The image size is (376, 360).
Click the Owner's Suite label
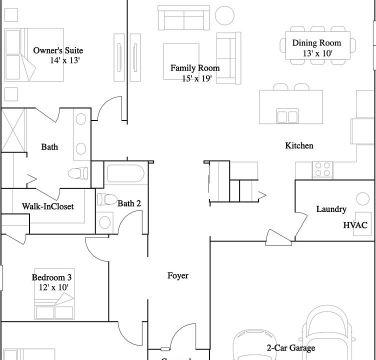[58, 50]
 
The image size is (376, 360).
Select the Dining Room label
[316, 43]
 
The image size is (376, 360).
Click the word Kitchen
[299, 145]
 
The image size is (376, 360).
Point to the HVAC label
[355, 225]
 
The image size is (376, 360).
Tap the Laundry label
[331, 209]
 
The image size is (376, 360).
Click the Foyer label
[178, 275]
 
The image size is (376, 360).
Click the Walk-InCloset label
[48, 206]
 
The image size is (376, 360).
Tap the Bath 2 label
[129, 203]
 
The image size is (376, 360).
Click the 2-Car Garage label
[290, 348]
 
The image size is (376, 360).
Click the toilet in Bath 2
[105, 199]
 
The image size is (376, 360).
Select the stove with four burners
[323, 168]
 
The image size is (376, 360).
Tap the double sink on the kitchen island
[287, 116]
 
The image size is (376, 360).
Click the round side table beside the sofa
[224, 15]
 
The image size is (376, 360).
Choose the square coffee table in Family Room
[182, 61]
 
